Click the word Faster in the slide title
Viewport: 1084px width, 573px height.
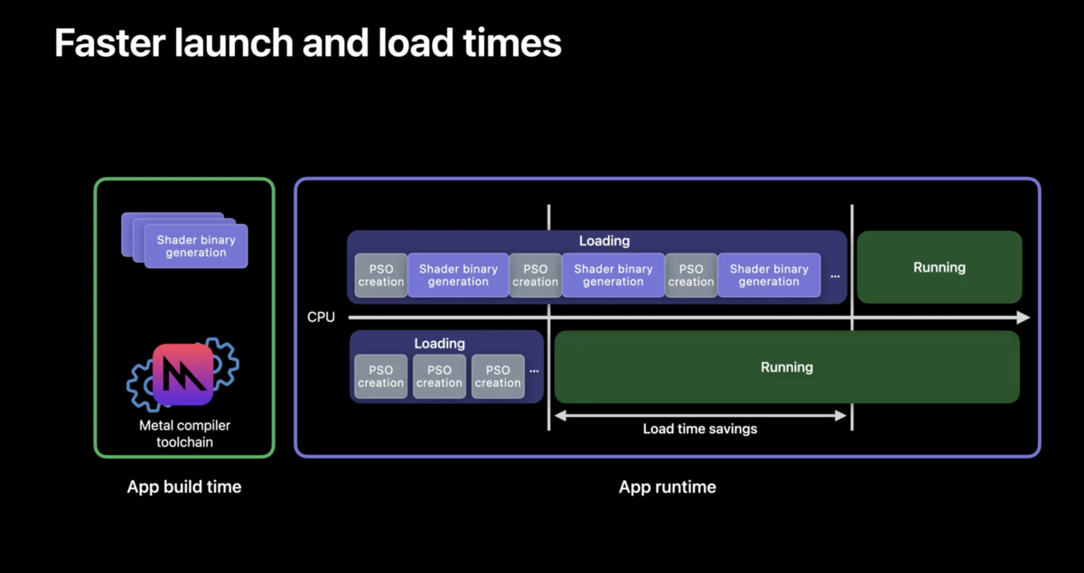pos(110,43)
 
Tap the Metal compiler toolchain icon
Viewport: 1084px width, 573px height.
pos(182,374)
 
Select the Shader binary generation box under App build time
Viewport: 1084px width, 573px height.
pos(196,245)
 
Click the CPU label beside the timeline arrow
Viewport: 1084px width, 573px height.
pos(321,318)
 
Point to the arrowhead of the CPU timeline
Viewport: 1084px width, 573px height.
pos(1023,318)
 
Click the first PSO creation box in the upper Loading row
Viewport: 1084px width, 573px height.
pos(381,275)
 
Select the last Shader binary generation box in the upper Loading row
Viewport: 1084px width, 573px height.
pos(769,275)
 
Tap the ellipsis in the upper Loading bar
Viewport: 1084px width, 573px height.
pos(836,277)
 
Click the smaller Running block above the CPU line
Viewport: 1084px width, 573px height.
pos(939,267)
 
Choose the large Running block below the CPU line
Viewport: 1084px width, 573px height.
pos(787,367)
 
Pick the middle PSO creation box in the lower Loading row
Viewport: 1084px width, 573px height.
pos(439,376)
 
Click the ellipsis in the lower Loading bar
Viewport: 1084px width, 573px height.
pos(534,372)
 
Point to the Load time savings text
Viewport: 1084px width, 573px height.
pos(700,429)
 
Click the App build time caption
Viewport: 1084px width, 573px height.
pos(184,487)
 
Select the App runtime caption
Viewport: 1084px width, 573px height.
pos(668,487)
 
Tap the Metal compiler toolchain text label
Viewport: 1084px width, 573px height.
pos(184,434)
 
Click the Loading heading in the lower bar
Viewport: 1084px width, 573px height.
pos(439,343)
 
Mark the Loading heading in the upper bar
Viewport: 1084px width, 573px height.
pos(604,241)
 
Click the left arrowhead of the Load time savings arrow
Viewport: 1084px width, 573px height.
pos(560,415)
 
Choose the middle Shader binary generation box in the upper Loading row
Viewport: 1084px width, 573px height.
pos(613,275)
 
